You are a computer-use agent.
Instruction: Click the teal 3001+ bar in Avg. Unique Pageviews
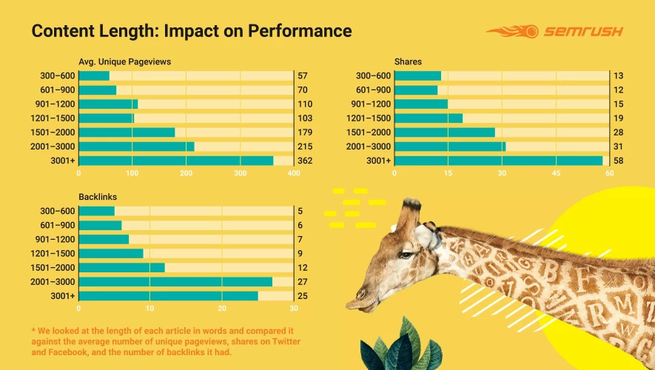(175, 161)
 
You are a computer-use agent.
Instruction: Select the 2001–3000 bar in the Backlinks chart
(175, 281)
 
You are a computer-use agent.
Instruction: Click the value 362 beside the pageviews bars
(305, 161)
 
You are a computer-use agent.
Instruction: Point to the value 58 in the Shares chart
(618, 161)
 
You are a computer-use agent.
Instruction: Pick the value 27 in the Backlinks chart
(302, 281)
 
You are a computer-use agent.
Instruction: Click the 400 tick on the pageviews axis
(294, 173)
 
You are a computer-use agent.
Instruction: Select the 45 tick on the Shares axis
(556, 173)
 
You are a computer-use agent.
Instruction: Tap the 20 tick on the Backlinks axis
(222, 309)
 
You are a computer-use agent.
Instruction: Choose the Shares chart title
(408, 61)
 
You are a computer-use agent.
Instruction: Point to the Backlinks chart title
(97, 197)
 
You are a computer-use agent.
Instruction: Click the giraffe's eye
(406, 255)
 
